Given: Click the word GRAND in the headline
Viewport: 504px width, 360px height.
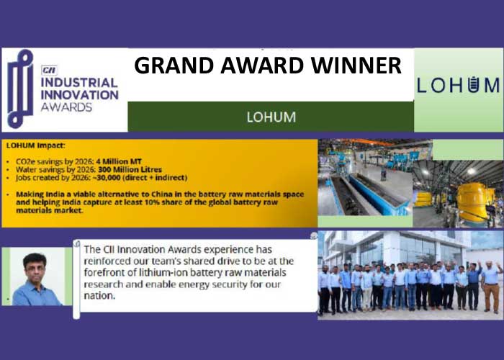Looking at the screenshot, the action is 174,66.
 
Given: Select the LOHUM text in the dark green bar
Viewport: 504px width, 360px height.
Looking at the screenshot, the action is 271,117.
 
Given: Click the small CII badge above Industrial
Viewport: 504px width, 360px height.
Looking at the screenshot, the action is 49,70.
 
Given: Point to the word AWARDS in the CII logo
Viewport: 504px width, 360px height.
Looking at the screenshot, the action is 66,107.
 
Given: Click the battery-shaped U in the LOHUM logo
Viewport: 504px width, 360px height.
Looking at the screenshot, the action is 472,85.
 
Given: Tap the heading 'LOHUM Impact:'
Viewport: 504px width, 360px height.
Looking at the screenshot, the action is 36,145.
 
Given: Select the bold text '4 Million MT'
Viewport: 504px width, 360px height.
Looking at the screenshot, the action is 119,161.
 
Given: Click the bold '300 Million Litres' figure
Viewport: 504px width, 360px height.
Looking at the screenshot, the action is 130,169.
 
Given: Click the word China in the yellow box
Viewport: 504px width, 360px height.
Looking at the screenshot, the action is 162,194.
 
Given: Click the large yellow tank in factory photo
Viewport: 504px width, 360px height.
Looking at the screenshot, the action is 472,202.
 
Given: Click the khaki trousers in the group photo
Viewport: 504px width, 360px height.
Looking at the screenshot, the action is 492,297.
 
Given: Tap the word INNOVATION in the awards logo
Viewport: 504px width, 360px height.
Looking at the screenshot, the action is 80,95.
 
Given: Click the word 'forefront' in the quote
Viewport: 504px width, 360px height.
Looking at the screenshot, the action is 106,273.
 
